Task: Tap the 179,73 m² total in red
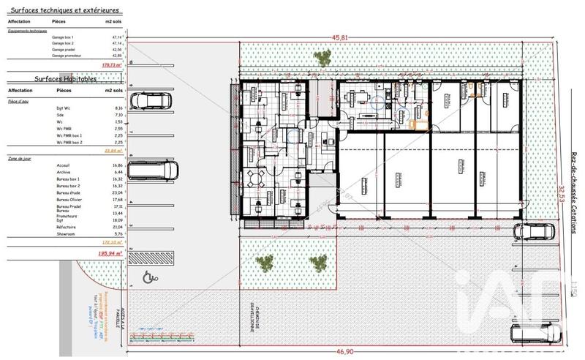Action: tap(112, 64)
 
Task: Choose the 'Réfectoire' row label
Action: tap(66, 227)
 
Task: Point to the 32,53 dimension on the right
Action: tap(561, 196)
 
